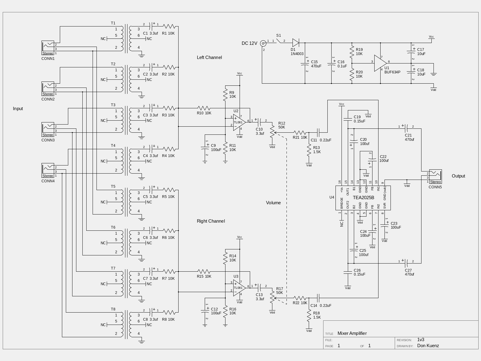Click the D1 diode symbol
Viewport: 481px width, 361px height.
click(x=296, y=43)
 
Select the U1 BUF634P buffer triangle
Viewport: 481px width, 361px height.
click(x=380, y=63)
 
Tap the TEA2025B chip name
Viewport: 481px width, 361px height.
click(x=363, y=197)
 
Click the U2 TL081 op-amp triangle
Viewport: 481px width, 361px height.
click(x=239, y=122)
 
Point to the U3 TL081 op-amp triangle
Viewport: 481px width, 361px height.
click(x=239, y=288)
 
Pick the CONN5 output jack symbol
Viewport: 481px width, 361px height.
click(x=435, y=177)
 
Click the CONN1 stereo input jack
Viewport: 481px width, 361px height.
click(x=48, y=48)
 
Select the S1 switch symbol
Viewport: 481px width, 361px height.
click(x=278, y=41)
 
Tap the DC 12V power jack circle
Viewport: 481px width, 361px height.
click(x=263, y=43)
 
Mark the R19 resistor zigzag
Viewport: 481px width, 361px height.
click(x=352, y=51)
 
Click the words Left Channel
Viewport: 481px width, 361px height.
click(x=209, y=57)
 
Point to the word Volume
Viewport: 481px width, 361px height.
click(x=273, y=203)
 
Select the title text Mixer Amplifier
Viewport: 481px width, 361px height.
click(x=352, y=333)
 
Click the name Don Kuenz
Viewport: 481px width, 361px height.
click(x=428, y=346)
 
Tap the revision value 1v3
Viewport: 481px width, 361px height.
click(x=421, y=340)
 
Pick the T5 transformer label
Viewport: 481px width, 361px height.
click(x=113, y=187)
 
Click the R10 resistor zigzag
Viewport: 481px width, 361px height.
click(x=204, y=108)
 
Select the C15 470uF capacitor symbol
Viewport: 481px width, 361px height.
click(x=305, y=64)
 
